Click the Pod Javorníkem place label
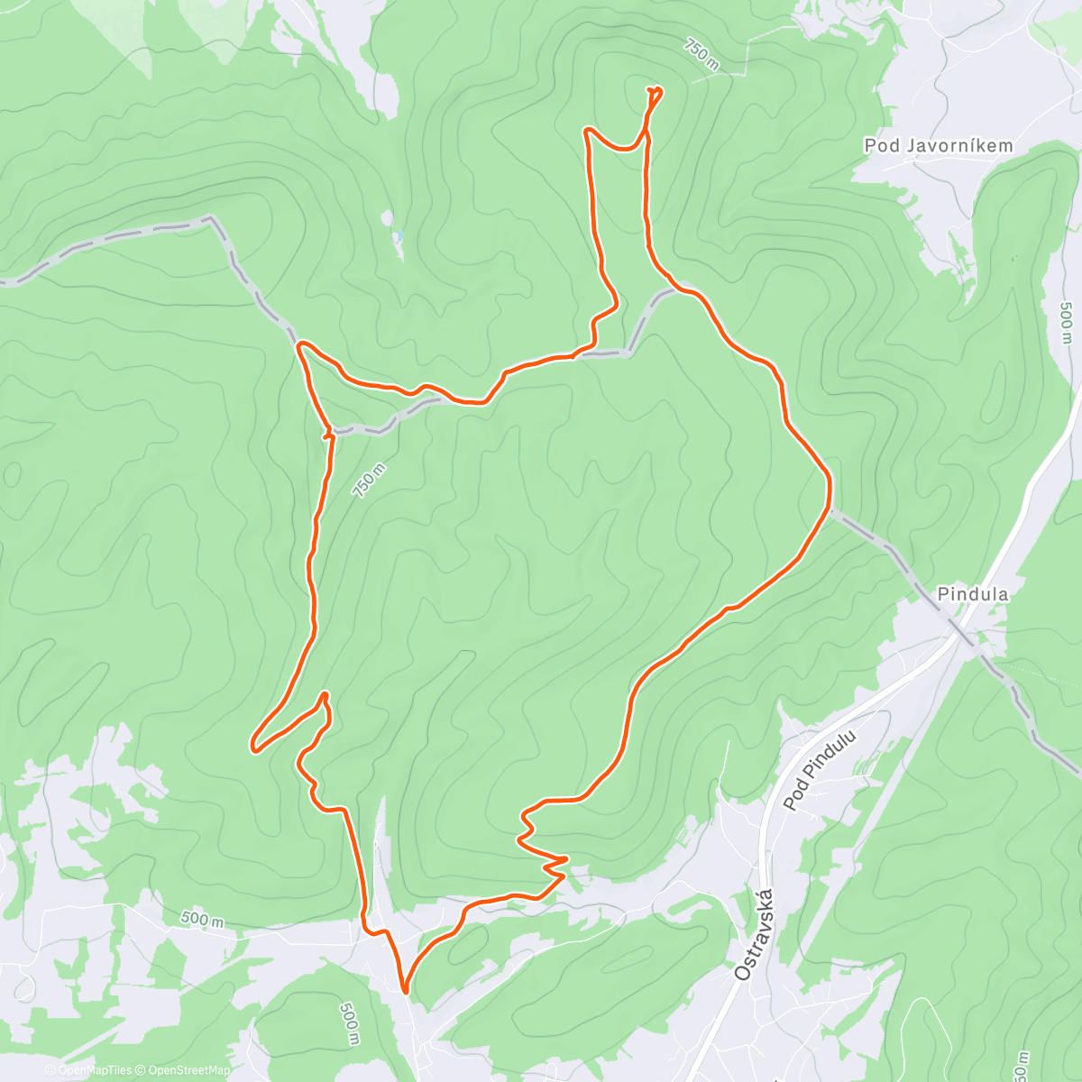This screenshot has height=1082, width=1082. click(x=938, y=145)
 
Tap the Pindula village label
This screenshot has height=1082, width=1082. click(x=972, y=594)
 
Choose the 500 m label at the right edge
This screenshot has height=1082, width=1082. click(x=1066, y=322)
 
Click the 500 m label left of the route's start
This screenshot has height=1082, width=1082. click(x=202, y=920)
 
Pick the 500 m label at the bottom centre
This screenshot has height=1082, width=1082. click(x=350, y=1023)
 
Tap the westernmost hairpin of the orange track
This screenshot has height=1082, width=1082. click(x=254, y=747)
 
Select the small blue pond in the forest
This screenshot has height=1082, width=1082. click(x=396, y=237)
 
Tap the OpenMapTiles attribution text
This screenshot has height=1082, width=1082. click(x=92, y=1070)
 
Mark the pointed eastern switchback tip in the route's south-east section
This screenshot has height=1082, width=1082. click(x=566, y=858)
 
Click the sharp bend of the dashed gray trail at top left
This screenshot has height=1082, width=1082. click(x=213, y=218)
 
